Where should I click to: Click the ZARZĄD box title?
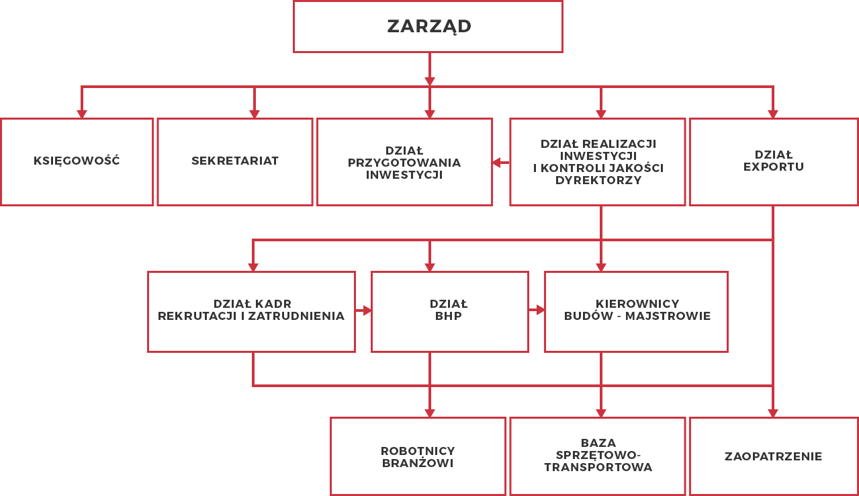click(429, 26)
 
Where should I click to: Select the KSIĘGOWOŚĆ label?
click(77, 161)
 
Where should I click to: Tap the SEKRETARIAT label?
click(235, 161)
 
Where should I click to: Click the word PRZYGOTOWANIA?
click(404, 163)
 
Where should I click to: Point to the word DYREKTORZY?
click(598, 180)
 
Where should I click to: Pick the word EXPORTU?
click(774, 167)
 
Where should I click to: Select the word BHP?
click(448, 316)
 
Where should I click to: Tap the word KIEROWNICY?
click(637, 304)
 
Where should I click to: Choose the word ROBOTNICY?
click(418, 451)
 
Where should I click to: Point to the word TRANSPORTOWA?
click(598, 467)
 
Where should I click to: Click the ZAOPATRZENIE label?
click(774, 456)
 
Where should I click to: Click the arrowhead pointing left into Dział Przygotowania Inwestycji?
click(496, 163)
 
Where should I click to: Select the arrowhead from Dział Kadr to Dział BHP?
click(367, 310)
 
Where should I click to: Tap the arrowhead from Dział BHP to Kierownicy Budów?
click(541, 310)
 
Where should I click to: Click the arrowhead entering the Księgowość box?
click(82, 114)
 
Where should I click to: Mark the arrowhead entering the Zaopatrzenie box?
click(773, 413)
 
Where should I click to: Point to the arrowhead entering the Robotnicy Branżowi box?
click(430, 413)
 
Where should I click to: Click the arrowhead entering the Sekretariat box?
click(255, 114)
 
